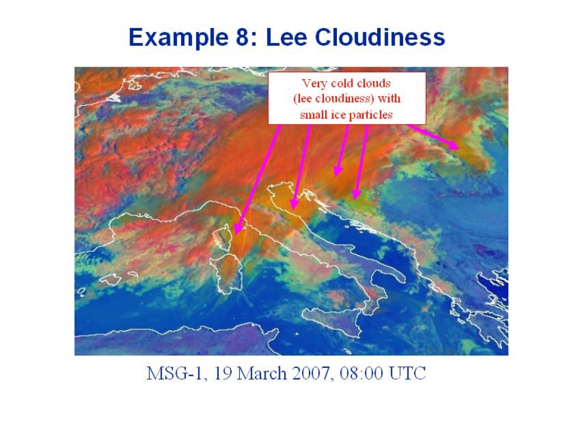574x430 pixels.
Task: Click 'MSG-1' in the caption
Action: pos(174,373)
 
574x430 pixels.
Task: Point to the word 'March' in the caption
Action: pos(262,373)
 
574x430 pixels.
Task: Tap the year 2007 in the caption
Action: pos(312,373)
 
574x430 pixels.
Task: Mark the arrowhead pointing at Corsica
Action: pos(237,229)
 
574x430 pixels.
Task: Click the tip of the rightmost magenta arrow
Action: pos(459,148)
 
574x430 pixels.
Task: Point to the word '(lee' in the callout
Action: pos(303,99)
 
